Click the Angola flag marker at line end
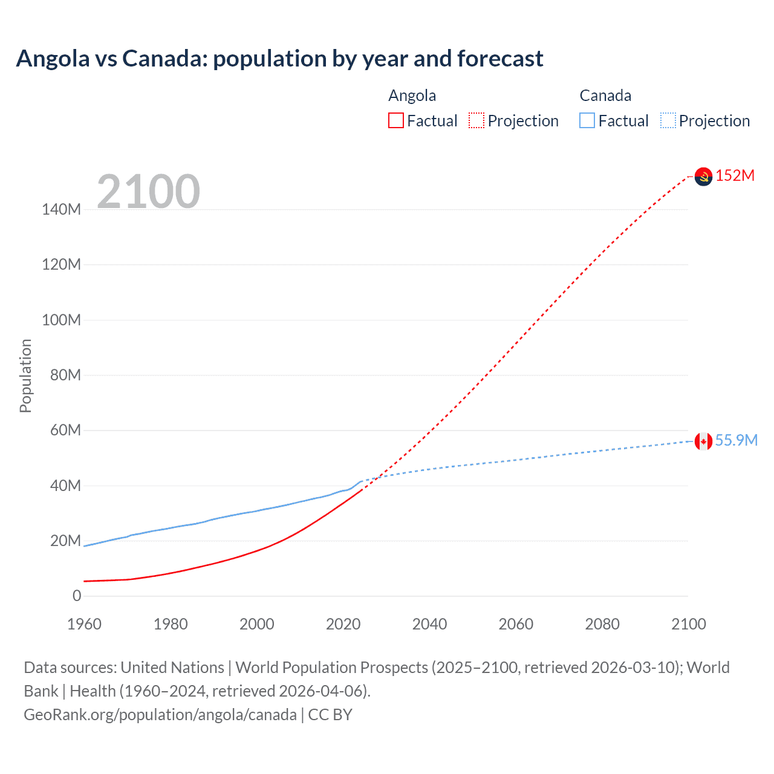[703, 177]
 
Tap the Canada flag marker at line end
[703, 441]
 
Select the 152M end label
[735, 175]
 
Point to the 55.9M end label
[736, 440]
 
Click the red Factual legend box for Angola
[396, 120]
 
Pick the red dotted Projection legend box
[476, 120]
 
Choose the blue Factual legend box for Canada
[587, 120]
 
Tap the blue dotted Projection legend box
[668, 120]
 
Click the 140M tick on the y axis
[61, 209]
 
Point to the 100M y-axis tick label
[61, 320]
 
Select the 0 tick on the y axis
[77, 596]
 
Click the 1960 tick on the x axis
[84, 624]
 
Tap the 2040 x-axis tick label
[429, 624]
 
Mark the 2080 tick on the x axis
[602, 624]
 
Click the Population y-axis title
[25, 376]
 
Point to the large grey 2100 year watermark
[148, 191]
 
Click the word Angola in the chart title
[53, 59]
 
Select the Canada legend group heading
[605, 96]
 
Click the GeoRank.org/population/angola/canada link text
[160, 715]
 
